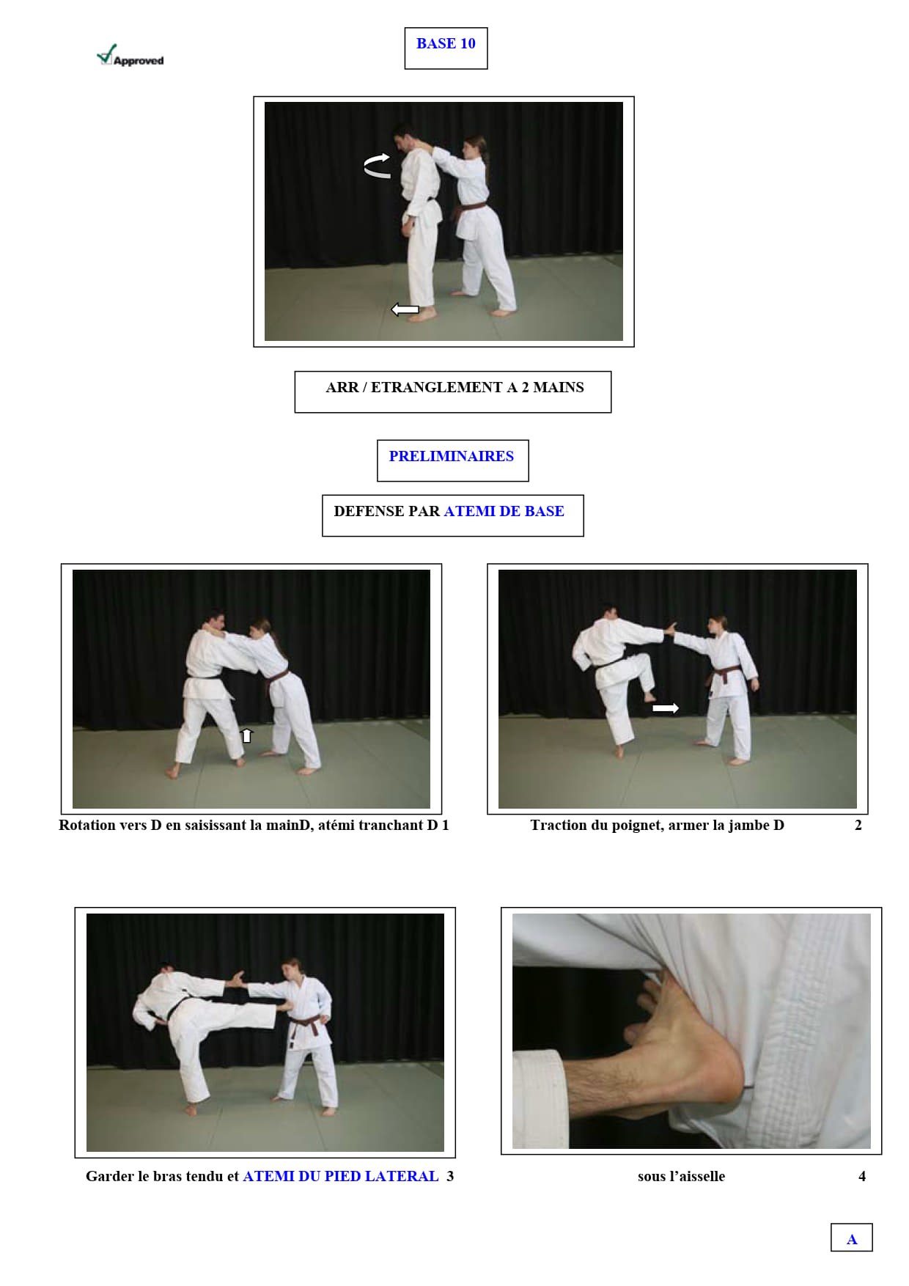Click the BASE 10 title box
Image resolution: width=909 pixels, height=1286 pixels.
click(x=446, y=48)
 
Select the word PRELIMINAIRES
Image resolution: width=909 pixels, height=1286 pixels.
click(x=452, y=456)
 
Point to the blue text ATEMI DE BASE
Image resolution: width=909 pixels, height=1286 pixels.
click(x=504, y=511)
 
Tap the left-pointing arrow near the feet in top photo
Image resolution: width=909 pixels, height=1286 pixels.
click(x=405, y=309)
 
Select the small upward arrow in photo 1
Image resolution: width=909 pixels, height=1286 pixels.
click(x=247, y=735)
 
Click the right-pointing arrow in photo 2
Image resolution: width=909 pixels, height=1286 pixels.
click(x=666, y=708)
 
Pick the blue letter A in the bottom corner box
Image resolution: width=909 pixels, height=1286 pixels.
click(x=852, y=1239)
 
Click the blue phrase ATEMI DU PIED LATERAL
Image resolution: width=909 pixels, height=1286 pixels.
click(x=341, y=1176)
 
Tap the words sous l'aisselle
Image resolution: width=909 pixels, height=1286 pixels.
click(x=681, y=1176)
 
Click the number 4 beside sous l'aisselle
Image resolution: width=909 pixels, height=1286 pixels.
click(x=862, y=1176)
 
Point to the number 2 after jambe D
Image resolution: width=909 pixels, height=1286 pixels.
click(x=858, y=825)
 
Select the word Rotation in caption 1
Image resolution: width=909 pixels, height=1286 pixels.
click(x=88, y=825)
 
